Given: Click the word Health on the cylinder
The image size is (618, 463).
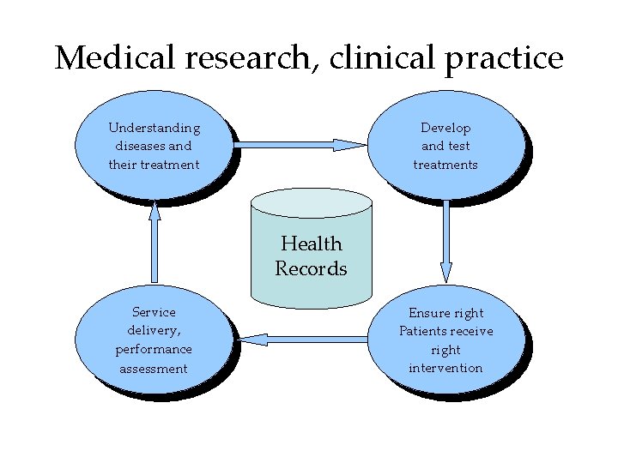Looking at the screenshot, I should coord(311,244).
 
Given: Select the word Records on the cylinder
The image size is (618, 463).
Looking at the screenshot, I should coord(311,268).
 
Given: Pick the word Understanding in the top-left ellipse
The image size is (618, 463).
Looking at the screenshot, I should coord(154,128).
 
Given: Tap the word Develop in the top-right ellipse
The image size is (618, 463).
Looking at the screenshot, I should coord(445,128).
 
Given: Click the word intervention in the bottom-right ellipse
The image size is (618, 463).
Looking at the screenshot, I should coord(445,368).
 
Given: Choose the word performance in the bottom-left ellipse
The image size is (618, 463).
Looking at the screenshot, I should coord(154,350).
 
